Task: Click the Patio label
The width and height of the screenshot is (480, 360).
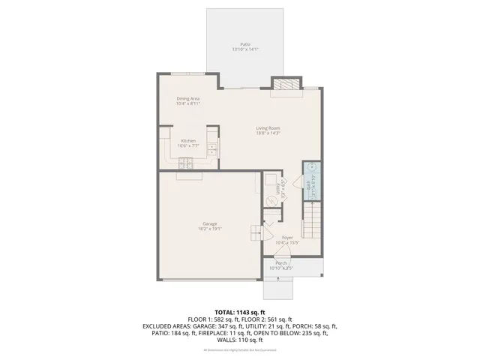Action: point(244,44)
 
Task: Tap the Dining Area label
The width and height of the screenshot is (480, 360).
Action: point(187,98)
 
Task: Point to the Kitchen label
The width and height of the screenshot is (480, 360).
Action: point(188,141)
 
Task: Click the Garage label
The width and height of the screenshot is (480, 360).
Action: point(209,223)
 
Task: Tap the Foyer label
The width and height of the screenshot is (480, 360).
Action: point(287,237)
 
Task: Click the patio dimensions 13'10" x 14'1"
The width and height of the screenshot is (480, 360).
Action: point(244,50)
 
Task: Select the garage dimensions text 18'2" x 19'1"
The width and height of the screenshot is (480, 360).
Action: point(209,229)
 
